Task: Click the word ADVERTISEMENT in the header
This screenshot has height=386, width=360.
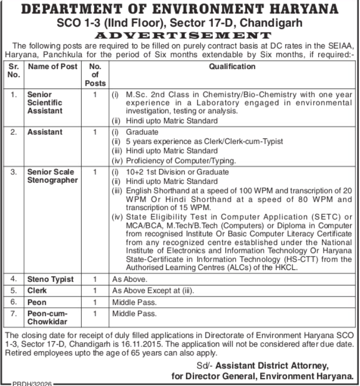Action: pos(179,35)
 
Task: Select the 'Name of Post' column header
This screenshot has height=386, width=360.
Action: pos(53,67)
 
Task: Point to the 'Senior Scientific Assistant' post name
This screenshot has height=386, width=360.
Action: pos(45,103)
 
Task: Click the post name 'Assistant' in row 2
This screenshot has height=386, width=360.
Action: pos(45,132)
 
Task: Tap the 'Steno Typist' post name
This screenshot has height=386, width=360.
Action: pos(50,279)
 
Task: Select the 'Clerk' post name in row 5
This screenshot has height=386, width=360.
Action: pos(37,291)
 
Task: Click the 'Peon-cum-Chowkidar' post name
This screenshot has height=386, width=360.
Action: pos(48,318)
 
